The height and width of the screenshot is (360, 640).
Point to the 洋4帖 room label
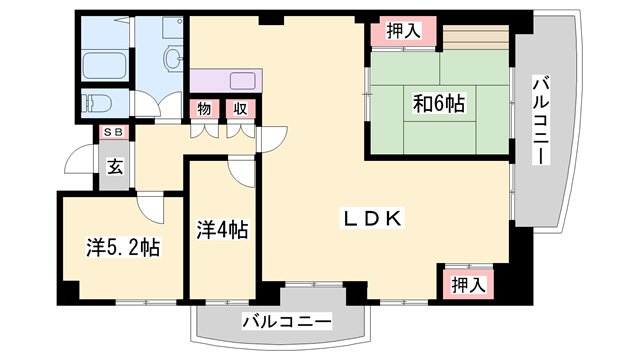[x=222, y=229]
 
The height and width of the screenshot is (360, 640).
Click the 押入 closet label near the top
[x=399, y=32]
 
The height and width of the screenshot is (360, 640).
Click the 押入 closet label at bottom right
[x=466, y=284]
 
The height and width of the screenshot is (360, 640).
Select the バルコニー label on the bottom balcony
[x=286, y=322]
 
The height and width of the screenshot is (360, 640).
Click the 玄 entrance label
[x=115, y=167]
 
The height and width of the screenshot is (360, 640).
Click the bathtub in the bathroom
[x=104, y=64]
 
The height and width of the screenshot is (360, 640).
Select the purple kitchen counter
[x=224, y=81]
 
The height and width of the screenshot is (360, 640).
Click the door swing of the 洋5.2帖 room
[x=151, y=205]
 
